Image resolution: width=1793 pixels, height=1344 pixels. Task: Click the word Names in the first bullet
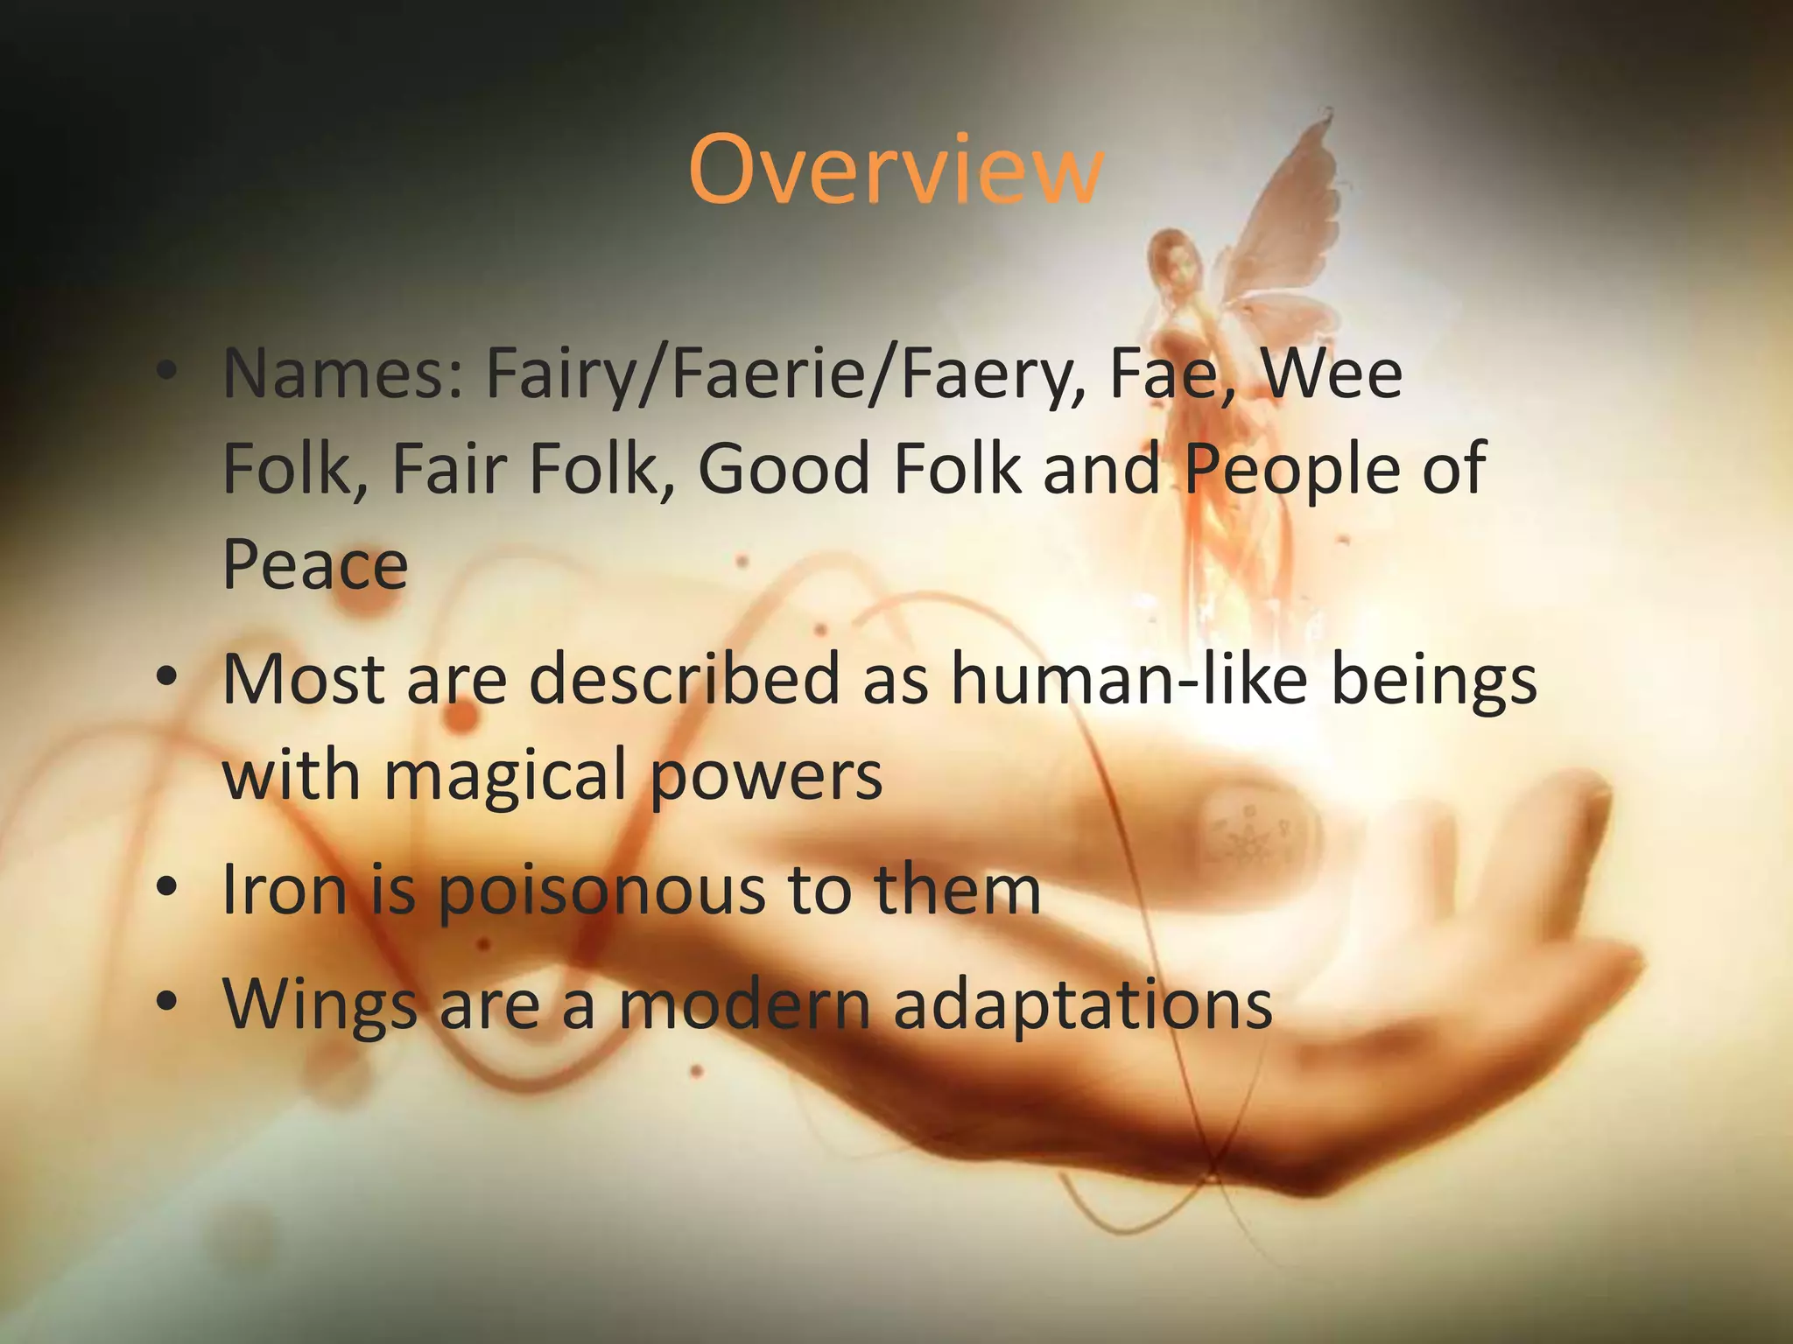(x=342, y=374)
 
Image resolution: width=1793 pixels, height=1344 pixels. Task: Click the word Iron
(x=285, y=890)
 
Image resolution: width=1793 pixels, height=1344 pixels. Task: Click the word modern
(x=745, y=1004)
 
